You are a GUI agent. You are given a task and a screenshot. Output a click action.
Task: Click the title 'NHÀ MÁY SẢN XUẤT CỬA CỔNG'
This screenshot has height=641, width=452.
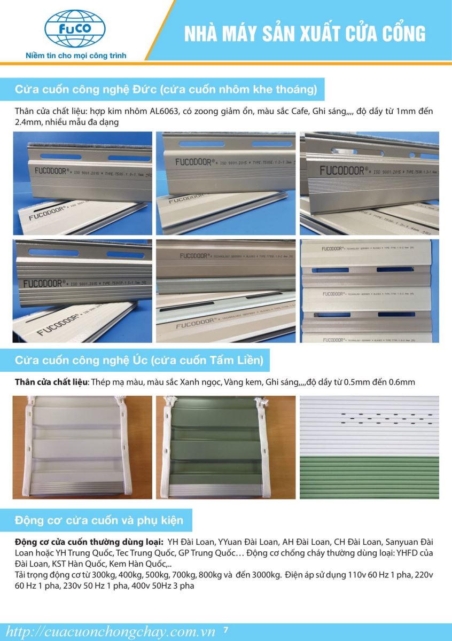(305, 34)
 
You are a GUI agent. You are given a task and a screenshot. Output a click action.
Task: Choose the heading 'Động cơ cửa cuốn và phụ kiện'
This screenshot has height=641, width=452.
(99, 520)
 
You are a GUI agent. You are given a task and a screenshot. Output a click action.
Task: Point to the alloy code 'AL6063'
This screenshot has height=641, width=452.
(201, 112)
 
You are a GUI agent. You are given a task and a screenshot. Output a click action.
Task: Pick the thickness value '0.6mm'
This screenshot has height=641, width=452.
(401, 382)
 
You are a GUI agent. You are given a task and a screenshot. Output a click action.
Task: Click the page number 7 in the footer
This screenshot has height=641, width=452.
(226, 630)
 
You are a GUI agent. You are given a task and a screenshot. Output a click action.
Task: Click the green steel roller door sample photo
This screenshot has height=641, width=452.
(225, 447)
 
